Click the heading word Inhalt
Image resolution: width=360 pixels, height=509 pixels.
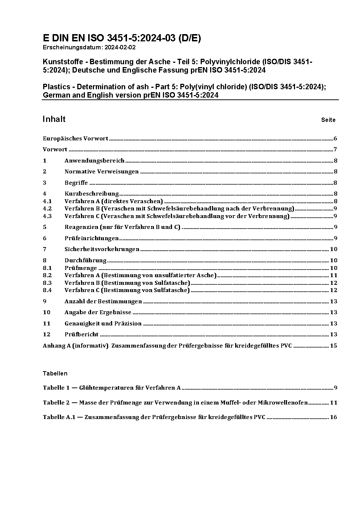click(x=54, y=119)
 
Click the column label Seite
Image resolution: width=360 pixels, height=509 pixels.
click(x=328, y=120)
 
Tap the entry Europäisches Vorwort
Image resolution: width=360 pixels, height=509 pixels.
click(x=75, y=139)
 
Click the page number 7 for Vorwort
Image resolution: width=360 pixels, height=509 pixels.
click(x=336, y=149)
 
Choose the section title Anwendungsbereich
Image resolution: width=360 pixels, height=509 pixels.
click(x=94, y=161)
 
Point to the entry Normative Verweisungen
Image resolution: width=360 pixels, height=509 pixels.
click(x=102, y=172)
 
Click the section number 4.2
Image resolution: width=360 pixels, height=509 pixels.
click(x=47, y=209)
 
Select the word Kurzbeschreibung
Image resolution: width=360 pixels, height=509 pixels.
click(x=91, y=194)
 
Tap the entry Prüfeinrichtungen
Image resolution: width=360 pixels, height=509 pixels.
click(x=91, y=238)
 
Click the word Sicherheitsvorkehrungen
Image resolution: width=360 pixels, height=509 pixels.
click(x=102, y=249)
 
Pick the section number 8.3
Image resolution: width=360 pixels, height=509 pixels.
click(x=47, y=283)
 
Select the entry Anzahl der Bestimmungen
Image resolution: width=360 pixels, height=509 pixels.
click(x=103, y=301)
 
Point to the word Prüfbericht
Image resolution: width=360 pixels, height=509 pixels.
click(x=82, y=334)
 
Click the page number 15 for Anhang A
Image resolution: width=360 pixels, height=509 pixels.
click(x=334, y=346)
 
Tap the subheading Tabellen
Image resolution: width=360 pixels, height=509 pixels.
click(x=55, y=373)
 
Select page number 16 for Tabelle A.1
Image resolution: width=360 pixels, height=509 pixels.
click(x=334, y=417)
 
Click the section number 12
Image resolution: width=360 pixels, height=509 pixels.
click(x=46, y=334)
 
